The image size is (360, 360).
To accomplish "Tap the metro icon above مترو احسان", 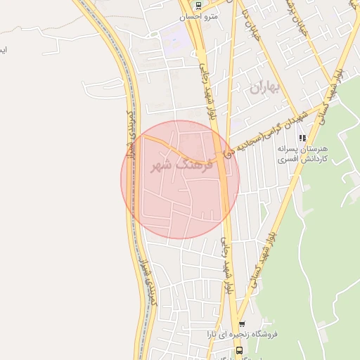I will [x=199, y=6].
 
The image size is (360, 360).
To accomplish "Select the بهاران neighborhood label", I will [x=264, y=88].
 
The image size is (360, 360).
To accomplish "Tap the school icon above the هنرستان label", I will [x=303, y=138].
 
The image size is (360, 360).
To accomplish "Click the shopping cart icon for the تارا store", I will [x=242, y=325].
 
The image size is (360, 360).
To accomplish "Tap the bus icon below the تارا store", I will [x=240, y=349].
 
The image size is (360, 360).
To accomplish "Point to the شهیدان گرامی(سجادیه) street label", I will [x=263, y=131].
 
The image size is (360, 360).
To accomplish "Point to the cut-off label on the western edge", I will [x=4, y=50].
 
